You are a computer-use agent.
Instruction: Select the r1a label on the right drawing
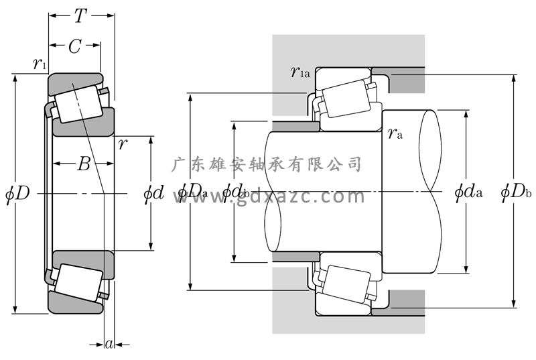pyautogui.click(x=299, y=72)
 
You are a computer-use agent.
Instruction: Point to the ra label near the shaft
pyautogui.click(x=395, y=133)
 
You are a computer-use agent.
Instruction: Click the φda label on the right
pyautogui.click(x=468, y=193)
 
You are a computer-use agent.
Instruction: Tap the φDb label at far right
pyautogui.click(x=516, y=193)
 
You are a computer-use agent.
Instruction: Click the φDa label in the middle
pyautogui.click(x=192, y=193)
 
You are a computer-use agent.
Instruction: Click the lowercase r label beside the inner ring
pyautogui.click(x=123, y=143)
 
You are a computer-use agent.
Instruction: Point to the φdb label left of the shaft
pyautogui.click(x=236, y=193)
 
